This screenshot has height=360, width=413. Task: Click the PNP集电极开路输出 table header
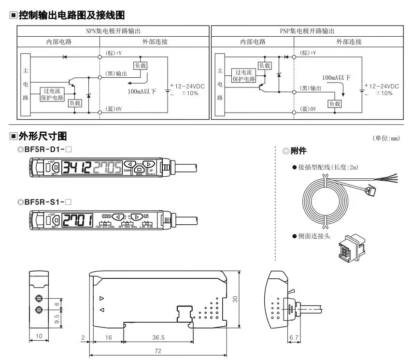click(x=307, y=31)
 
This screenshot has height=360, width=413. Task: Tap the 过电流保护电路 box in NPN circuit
click(x=53, y=93)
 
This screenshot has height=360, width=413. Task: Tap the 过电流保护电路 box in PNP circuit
click(x=244, y=76)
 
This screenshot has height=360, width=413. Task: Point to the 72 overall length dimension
click(x=157, y=351)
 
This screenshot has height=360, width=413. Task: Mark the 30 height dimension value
click(x=235, y=299)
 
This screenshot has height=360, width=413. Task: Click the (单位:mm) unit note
click(x=386, y=138)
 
